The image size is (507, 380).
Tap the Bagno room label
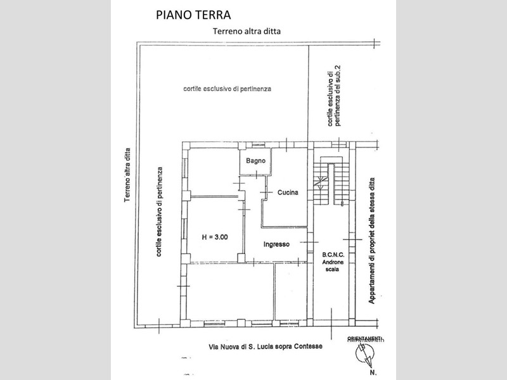255,161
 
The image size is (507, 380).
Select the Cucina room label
287,192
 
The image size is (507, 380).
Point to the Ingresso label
277,244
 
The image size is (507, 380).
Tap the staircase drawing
332,183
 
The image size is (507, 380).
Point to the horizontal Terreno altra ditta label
247,30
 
